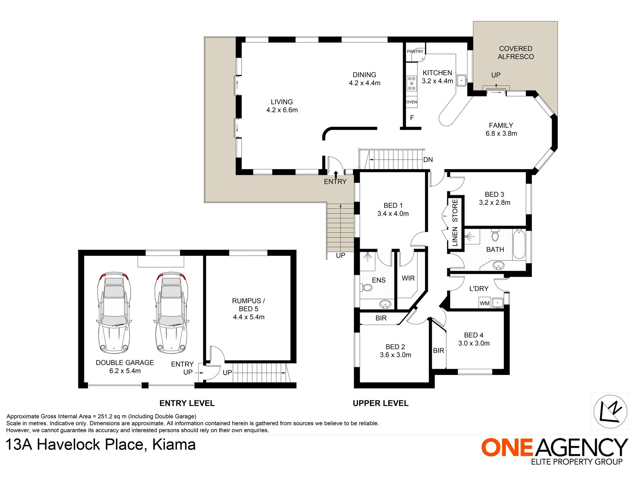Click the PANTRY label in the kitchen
(x=415, y=52)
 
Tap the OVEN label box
(x=412, y=102)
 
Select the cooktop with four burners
(x=412, y=84)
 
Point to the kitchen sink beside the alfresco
(x=462, y=80)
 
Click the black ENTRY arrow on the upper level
(x=336, y=174)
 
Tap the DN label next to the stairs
(x=428, y=160)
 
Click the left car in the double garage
(x=114, y=313)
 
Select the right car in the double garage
(x=171, y=313)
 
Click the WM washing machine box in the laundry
(x=484, y=303)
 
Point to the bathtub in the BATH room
(x=519, y=244)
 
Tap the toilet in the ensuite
(x=366, y=288)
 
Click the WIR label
(x=408, y=278)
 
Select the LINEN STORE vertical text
(x=455, y=223)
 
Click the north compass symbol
(x=610, y=411)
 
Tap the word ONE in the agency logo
(x=506, y=447)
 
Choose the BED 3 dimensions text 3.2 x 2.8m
(x=495, y=203)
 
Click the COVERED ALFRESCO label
(x=516, y=53)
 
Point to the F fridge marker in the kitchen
(x=412, y=118)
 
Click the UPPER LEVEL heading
(x=381, y=403)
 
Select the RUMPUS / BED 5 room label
(x=249, y=305)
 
